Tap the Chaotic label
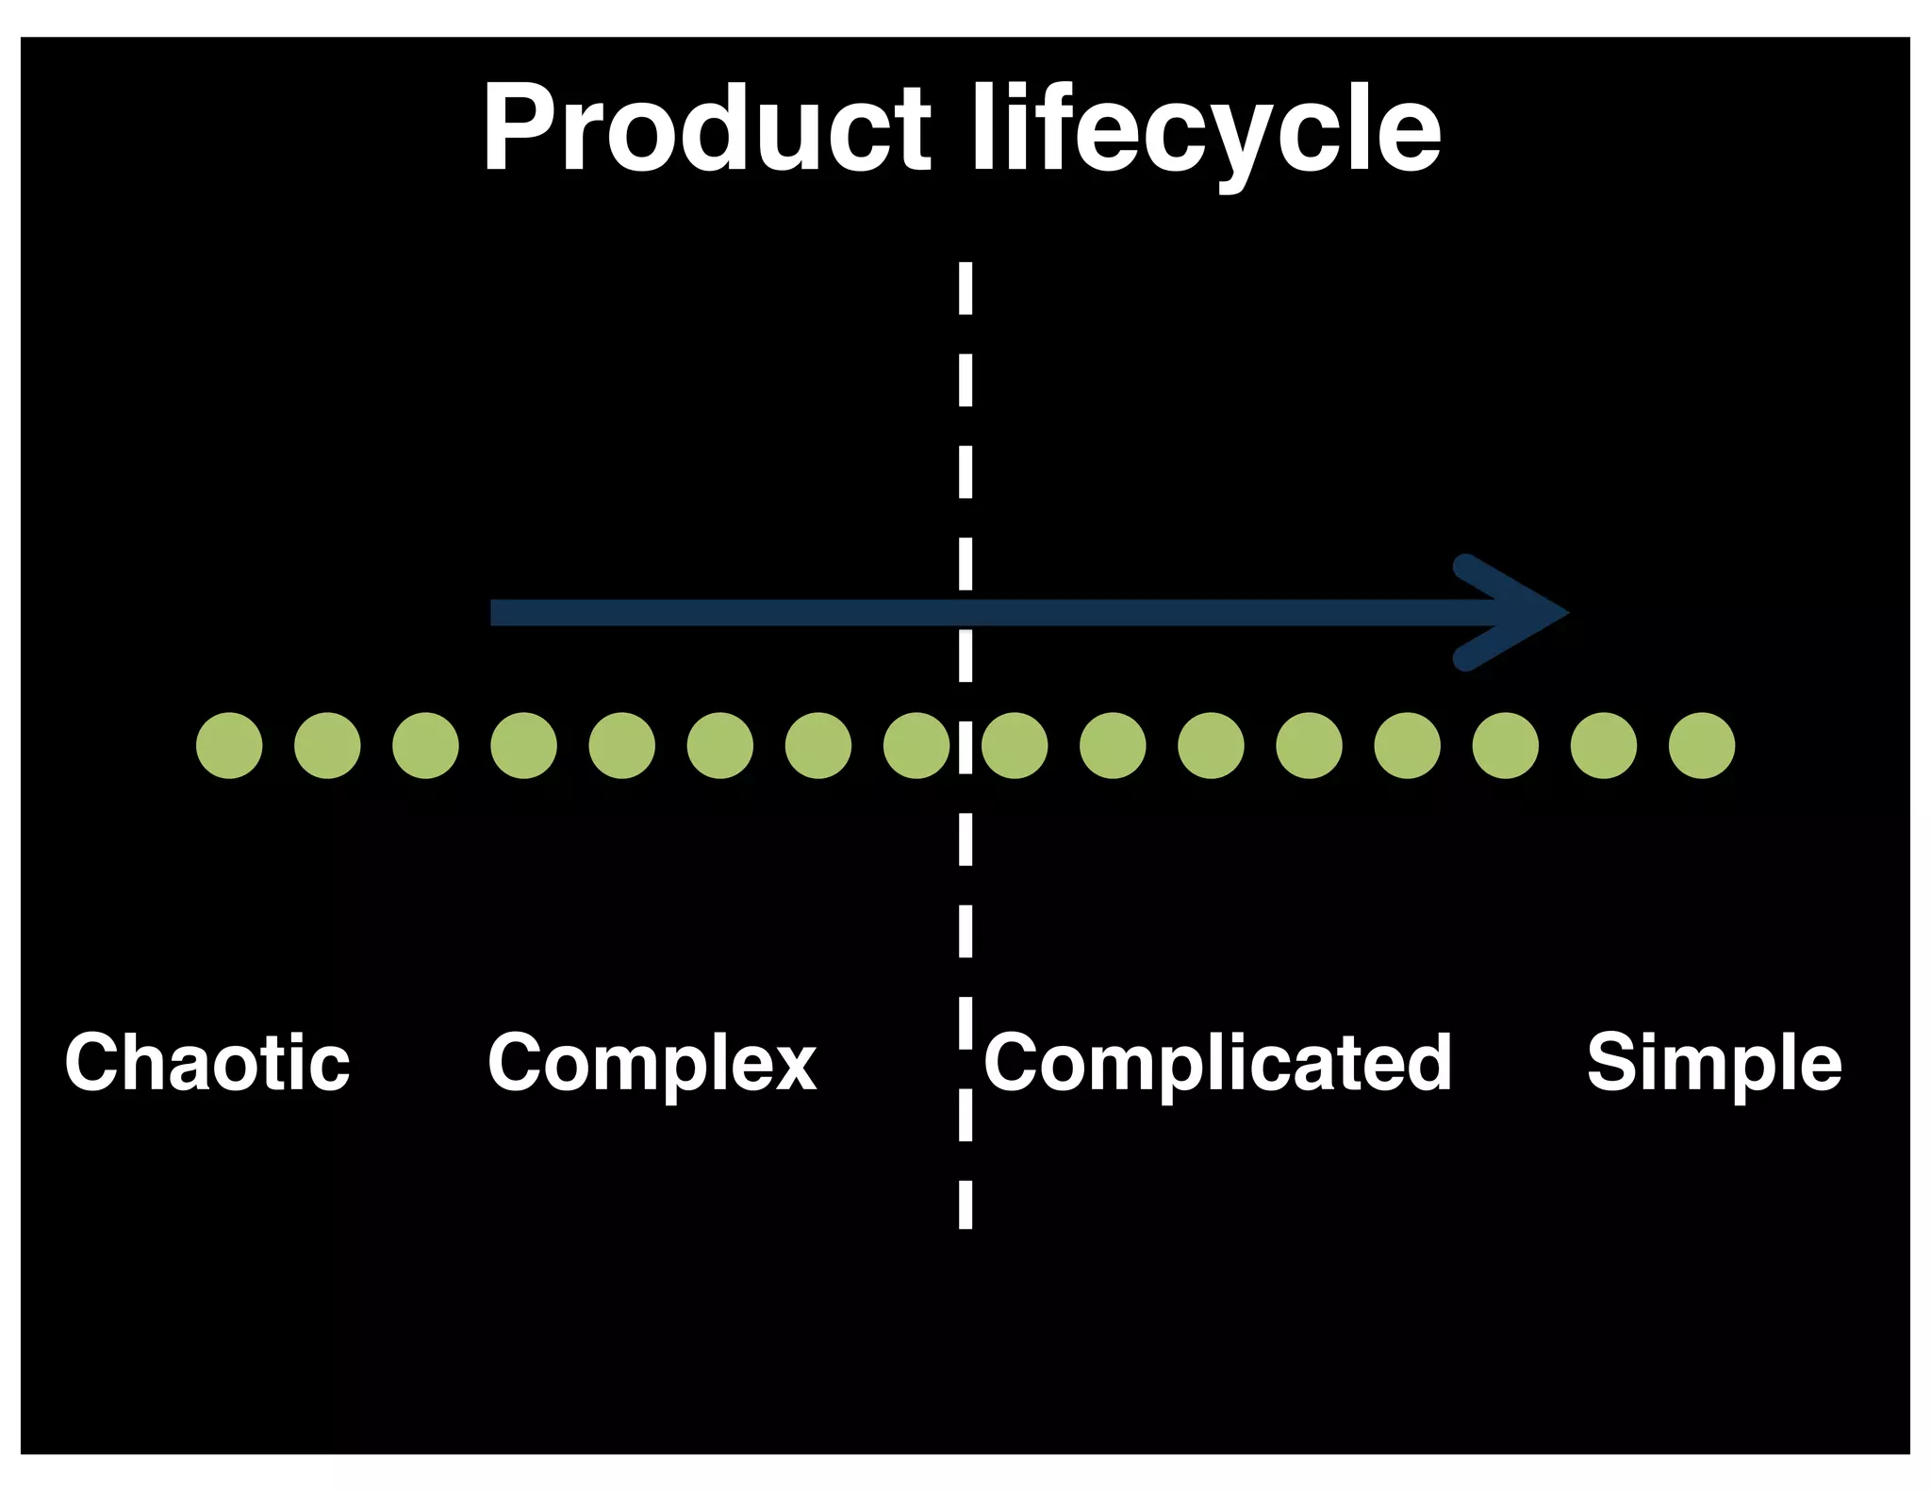(x=207, y=1063)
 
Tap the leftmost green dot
(x=229, y=746)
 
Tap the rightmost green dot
(x=1701, y=746)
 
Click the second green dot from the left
(x=327, y=746)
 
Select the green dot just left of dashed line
(x=916, y=746)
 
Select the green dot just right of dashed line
(x=1015, y=746)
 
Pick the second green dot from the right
(x=1603, y=746)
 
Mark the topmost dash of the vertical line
(x=965, y=288)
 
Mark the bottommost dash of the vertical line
(x=965, y=1204)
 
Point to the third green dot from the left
(x=425, y=746)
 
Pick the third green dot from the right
(x=1505, y=746)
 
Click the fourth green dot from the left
(x=523, y=746)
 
